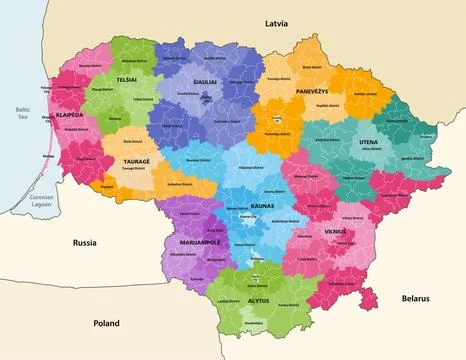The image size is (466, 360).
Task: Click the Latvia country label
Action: pyautogui.click(x=275, y=21)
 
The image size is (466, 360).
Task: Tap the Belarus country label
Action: pyautogui.click(x=415, y=298)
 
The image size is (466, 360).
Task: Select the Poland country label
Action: pyautogui.click(x=106, y=323)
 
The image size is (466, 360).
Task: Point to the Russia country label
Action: pyautogui.click(x=86, y=243)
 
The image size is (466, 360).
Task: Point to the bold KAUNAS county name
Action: pyautogui.click(x=236, y=205)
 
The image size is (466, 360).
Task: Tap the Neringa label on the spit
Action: pyautogui.click(x=49, y=156)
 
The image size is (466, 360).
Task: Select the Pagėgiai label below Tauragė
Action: pyautogui.click(x=108, y=185)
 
